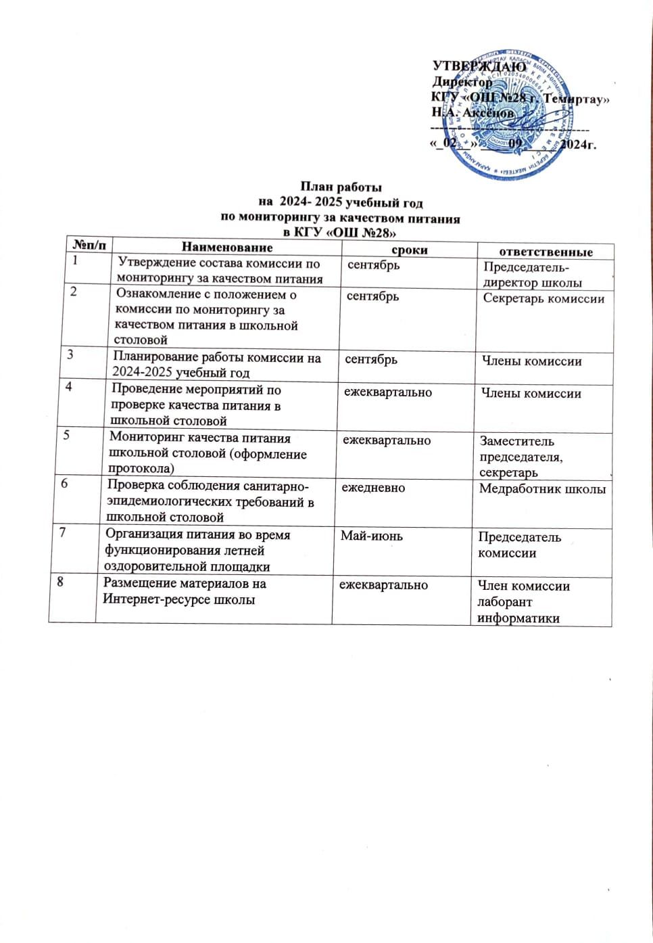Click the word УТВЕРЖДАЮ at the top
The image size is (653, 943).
479,66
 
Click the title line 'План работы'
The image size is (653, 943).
341,187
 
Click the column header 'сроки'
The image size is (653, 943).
410,250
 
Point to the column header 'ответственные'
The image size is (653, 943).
546,252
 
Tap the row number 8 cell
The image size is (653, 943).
60,580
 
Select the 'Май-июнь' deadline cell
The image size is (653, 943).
371,536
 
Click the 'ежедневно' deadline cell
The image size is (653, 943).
373,487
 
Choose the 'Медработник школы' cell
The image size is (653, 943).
542,488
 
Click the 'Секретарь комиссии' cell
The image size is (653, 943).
543,298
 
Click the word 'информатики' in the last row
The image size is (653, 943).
518,618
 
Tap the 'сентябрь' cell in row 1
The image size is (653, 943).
373,265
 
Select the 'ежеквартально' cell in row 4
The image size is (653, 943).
387,392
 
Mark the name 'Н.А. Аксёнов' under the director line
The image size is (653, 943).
473,113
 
